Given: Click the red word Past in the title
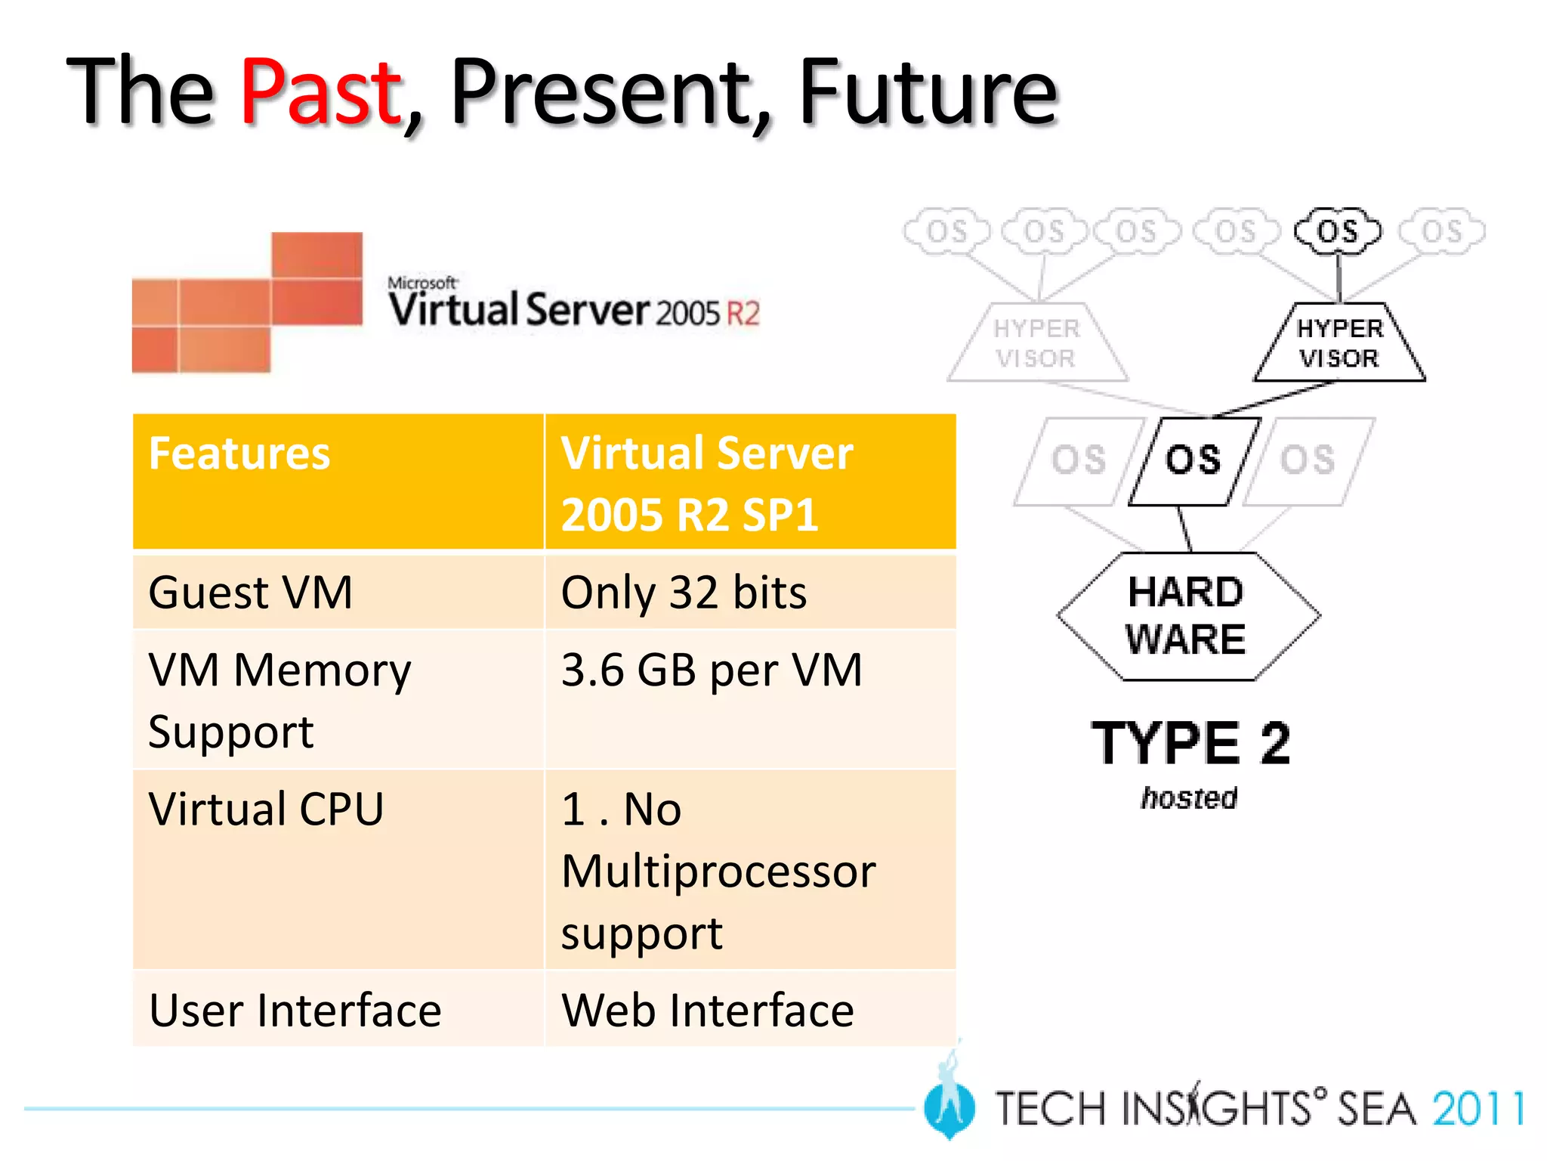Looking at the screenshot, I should pyautogui.click(x=320, y=92).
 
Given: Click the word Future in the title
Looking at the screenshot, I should pyautogui.click(x=928, y=92).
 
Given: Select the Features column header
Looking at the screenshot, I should pyautogui.click(x=239, y=454).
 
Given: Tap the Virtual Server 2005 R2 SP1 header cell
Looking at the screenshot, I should pyautogui.click(x=706, y=484).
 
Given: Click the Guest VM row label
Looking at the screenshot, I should pyautogui.click(x=251, y=592).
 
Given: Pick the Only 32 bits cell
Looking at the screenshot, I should pyautogui.click(x=684, y=592).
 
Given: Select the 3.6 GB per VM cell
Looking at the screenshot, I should pyautogui.click(x=711, y=670).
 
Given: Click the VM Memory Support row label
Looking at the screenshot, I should pyautogui.click(x=279, y=700).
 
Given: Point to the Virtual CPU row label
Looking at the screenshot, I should pyautogui.click(x=266, y=809).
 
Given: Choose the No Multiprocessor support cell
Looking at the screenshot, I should pyautogui.click(x=718, y=871).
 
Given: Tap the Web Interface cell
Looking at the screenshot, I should pyautogui.click(x=707, y=1010).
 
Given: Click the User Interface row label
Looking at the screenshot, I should pyautogui.click(x=295, y=1010).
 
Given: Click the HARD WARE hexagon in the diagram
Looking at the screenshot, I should pyautogui.click(x=1187, y=616).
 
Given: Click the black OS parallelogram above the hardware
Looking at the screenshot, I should pyautogui.click(x=1193, y=460).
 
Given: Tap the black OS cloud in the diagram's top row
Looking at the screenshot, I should pyautogui.click(x=1337, y=231).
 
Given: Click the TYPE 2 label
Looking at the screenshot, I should pyautogui.click(x=1190, y=744).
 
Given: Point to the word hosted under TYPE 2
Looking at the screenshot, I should pyautogui.click(x=1189, y=798).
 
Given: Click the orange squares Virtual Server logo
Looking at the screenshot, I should pyautogui.click(x=247, y=302).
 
